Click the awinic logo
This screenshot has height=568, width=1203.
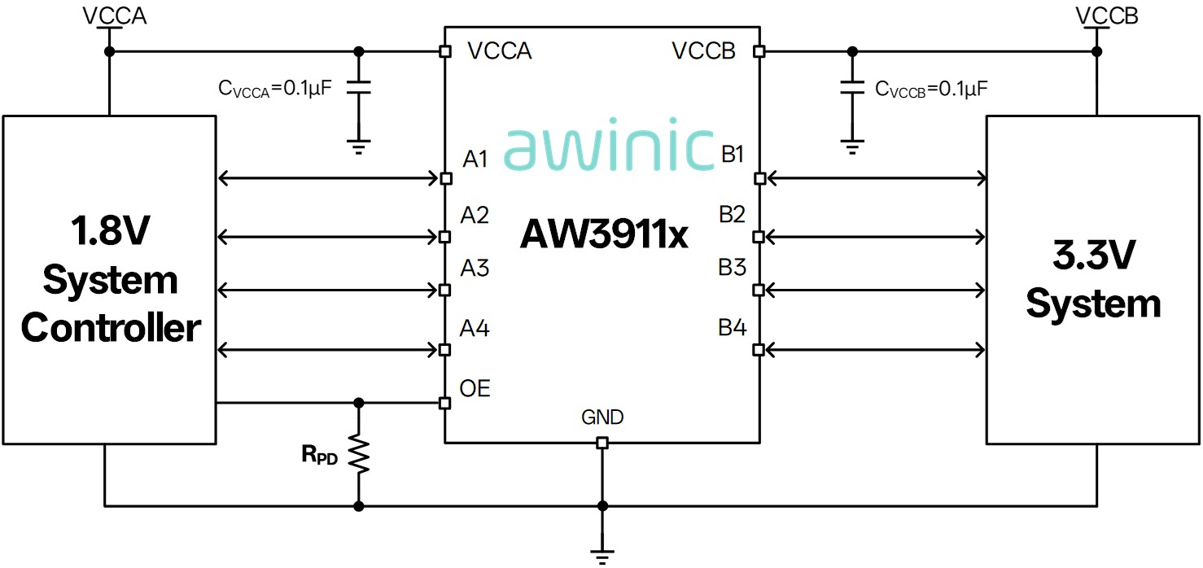[x=609, y=144]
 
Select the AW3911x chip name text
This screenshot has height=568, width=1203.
[x=604, y=234]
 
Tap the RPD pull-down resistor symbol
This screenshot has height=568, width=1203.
[x=359, y=454]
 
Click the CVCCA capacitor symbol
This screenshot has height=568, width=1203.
[x=359, y=88]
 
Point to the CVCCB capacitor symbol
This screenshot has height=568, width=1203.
[x=852, y=88]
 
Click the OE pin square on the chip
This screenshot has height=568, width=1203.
[x=444, y=403]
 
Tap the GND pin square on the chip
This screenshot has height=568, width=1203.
[x=602, y=443]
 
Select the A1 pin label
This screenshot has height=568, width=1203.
[x=475, y=159]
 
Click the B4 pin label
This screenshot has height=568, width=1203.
[x=733, y=327]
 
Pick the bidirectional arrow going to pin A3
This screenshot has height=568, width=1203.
[x=328, y=291]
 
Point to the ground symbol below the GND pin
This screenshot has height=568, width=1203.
[x=602, y=557]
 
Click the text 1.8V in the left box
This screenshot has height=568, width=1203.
[x=111, y=230]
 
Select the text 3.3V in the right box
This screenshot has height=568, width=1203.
[x=1094, y=255]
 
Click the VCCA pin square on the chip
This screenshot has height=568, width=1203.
[x=444, y=51]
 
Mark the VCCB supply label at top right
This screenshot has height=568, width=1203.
[x=1107, y=15]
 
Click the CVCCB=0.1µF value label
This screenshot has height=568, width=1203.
[x=931, y=90]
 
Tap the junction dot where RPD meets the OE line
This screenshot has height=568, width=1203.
[x=359, y=403]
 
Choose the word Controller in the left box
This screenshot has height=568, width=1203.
[x=112, y=327]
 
